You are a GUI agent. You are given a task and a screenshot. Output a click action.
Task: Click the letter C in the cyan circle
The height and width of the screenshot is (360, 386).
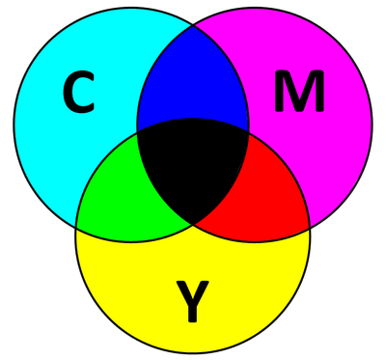coord(78,93)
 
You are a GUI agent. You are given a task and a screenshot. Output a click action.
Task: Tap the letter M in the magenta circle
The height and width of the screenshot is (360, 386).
coord(299,91)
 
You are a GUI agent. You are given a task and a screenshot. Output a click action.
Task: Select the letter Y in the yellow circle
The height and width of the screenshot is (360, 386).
coord(193,301)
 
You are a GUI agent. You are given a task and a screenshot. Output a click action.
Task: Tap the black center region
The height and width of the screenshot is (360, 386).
coord(193,164)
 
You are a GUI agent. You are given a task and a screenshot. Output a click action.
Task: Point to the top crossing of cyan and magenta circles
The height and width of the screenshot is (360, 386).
coord(193,25)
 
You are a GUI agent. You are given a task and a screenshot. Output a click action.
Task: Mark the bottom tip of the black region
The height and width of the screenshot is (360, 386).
coord(193,224)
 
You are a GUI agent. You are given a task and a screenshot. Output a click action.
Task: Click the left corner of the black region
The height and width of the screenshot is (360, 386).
coord(138,131)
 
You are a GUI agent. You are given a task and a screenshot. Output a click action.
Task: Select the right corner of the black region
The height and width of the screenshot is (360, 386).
coord(248,131)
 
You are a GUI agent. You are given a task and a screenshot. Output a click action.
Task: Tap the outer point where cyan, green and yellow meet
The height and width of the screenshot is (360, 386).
coord(76,228)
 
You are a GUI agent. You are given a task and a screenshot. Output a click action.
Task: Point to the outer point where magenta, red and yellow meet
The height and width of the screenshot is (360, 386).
coord(310,228)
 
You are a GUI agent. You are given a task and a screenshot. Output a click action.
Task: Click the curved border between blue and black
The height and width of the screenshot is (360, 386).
coord(193,119)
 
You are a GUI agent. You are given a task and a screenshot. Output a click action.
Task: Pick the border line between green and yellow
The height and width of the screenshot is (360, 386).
coord(132,241)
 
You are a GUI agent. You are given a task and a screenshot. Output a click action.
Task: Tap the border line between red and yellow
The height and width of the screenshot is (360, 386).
coord(254,241)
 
